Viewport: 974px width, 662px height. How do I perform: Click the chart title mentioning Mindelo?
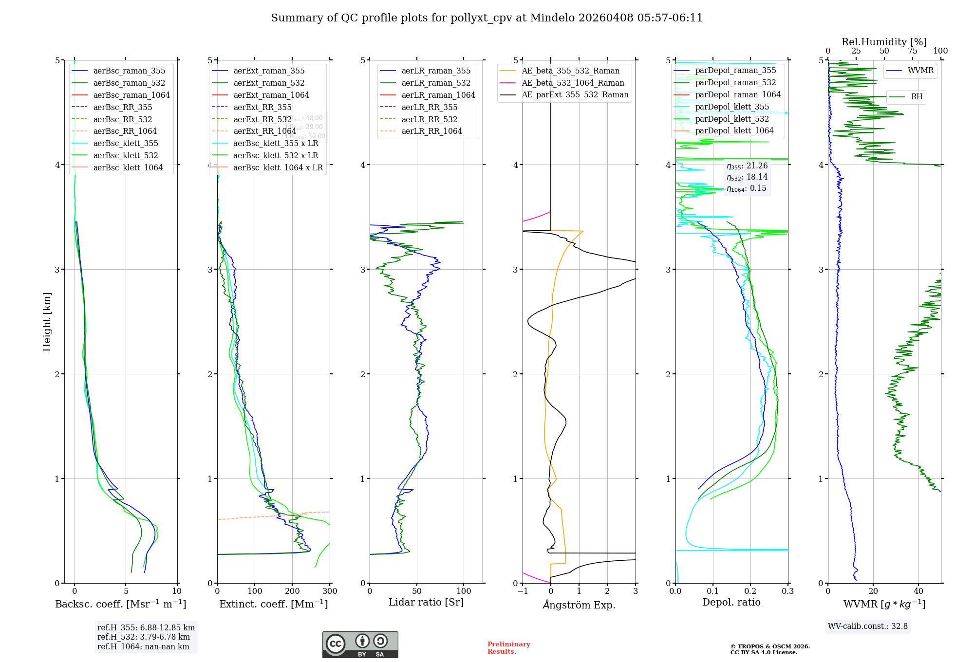click(x=487, y=18)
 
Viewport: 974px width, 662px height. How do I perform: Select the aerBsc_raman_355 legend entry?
click(x=129, y=71)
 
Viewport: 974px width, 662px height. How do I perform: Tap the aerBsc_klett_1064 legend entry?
click(x=128, y=168)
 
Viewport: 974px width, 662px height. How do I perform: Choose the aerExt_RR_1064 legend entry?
click(x=264, y=131)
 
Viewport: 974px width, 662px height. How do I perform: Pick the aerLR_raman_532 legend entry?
click(x=436, y=83)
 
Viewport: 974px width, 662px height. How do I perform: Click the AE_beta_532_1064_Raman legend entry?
click(x=573, y=83)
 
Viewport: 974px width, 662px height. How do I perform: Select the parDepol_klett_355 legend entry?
click(x=732, y=107)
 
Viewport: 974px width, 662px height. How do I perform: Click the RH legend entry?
click(x=917, y=97)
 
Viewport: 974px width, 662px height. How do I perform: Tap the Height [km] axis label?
click(x=47, y=322)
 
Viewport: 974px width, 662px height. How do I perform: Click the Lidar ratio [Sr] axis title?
click(x=426, y=603)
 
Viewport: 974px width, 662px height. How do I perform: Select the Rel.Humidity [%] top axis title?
click(x=884, y=42)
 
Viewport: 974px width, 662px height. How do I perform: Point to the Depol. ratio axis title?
click(x=731, y=603)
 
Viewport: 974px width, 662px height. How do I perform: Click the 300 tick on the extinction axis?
click(x=330, y=591)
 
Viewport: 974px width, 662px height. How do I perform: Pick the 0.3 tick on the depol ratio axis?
click(x=787, y=591)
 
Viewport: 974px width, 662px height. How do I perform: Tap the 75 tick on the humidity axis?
click(x=912, y=51)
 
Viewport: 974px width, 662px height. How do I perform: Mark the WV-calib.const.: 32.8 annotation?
click(x=868, y=626)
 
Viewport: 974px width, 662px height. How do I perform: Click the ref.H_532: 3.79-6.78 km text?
click(x=144, y=637)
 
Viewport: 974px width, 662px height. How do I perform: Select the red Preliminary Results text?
click(x=508, y=648)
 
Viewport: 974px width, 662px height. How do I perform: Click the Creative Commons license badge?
click(x=360, y=645)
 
